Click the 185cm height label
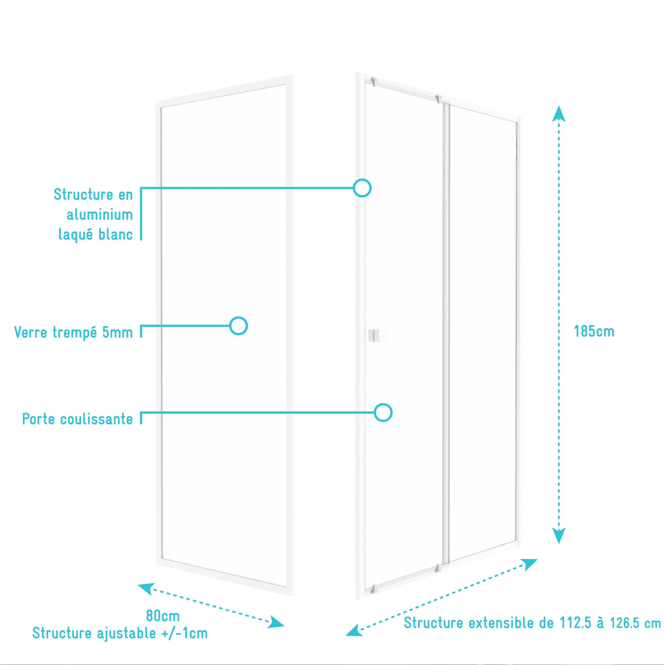pyautogui.click(x=594, y=331)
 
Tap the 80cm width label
pyautogui.click(x=163, y=616)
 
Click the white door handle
pyautogui.click(x=377, y=335)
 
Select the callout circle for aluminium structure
pyautogui.click(x=362, y=188)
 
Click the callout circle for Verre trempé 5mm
pyautogui.click(x=238, y=326)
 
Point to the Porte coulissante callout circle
pyautogui.click(x=383, y=412)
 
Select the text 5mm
pyautogui.click(x=117, y=332)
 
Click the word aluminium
pyautogui.click(x=100, y=215)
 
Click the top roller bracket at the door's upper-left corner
pyautogui.click(x=374, y=82)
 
